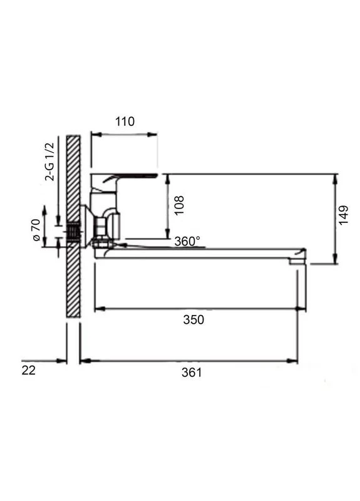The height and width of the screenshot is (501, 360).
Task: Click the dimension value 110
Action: [x=125, y=121]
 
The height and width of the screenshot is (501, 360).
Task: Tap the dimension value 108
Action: [x=179, y=205]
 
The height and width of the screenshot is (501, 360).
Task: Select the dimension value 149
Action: [x=343, y=215]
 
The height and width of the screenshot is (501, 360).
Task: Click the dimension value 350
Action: [x=193, y=319]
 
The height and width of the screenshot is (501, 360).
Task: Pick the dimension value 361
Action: [x=192, y=373]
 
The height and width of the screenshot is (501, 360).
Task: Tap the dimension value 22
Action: [x=28, y=371]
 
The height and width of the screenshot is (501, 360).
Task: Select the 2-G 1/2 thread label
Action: [x=50, y=162]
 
